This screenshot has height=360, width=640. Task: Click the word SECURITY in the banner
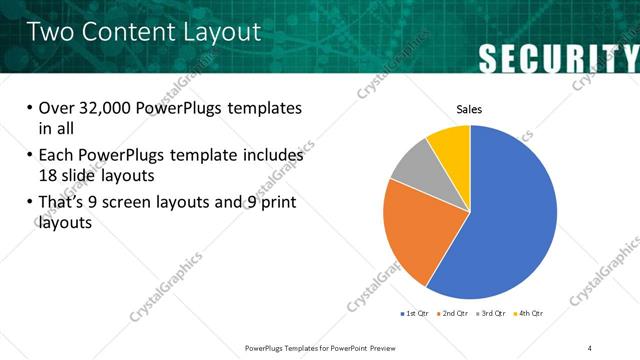558,58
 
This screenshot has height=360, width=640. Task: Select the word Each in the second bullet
57,155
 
